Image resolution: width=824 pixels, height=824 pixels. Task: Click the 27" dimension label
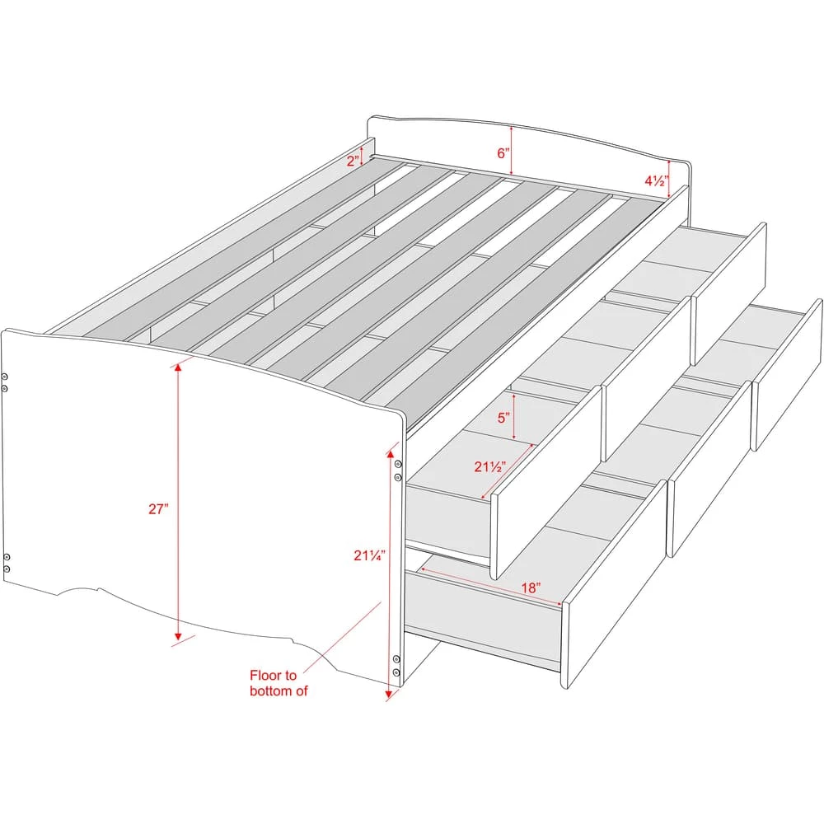tap(158, 508)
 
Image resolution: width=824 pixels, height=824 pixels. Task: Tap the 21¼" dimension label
tap(369, 555)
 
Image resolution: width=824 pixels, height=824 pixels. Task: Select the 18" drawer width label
tap(531, 588)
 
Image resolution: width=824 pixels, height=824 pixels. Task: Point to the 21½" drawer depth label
tap(489, 466)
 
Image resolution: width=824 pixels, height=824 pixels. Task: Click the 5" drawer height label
tap(503, 418)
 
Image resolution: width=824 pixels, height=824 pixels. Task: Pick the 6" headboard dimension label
tap(503, 153)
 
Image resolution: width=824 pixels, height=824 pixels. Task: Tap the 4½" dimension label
tap(657, 180)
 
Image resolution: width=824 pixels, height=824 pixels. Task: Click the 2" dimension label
tap(353, 161)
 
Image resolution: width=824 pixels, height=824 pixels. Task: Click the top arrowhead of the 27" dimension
tap(178, 368)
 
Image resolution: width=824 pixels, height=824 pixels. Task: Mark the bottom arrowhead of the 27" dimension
tap(178, 635)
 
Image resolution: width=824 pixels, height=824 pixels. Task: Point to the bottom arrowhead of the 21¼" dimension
tap(388, 695)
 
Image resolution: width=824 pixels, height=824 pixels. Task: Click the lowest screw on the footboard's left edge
tap(7, 569)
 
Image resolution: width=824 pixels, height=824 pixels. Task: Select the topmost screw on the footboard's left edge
tap(5, 377)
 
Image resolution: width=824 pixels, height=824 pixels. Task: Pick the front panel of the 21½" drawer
tap(546, 482)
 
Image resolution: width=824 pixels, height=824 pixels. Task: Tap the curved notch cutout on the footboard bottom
tap(79, 590)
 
